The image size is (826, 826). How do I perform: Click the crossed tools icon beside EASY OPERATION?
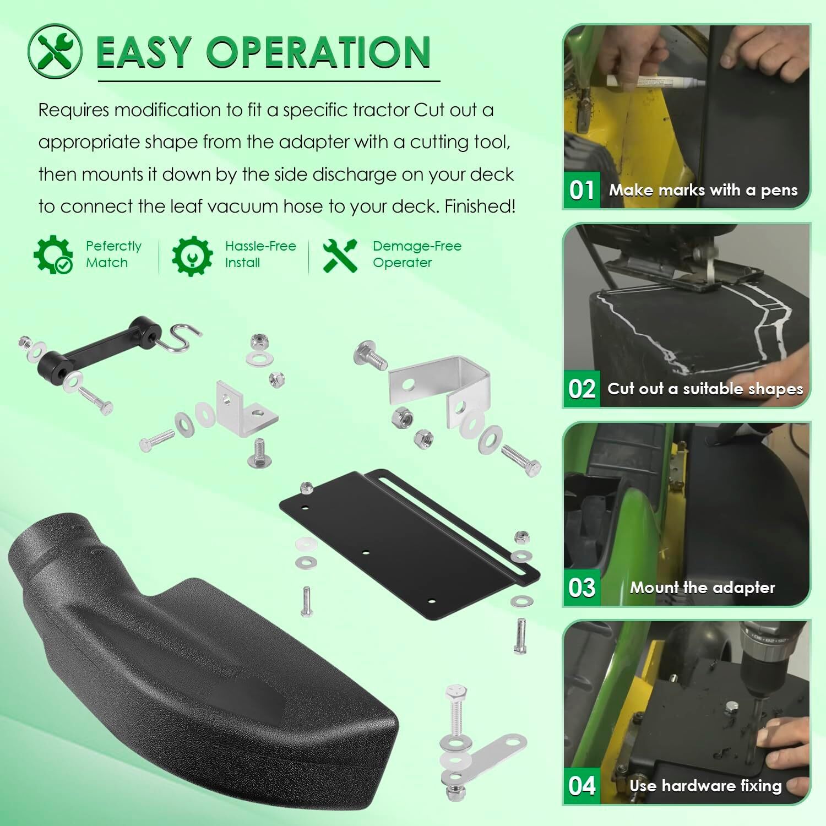click(55, 51)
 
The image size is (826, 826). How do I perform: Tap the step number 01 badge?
click(582, 191)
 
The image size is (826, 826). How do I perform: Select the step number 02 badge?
click(582, 389)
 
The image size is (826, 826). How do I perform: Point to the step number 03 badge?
click(582, 588)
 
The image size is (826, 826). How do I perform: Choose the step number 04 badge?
click(582, 786)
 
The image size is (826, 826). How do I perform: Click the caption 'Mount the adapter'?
click(702, 588)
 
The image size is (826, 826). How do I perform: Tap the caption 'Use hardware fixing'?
click(705, 786)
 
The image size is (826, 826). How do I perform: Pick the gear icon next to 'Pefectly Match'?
click(53, 254)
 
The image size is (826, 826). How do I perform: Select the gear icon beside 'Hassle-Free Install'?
click(192, 256)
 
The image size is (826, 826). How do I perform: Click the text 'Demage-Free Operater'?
click(416, 254)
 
